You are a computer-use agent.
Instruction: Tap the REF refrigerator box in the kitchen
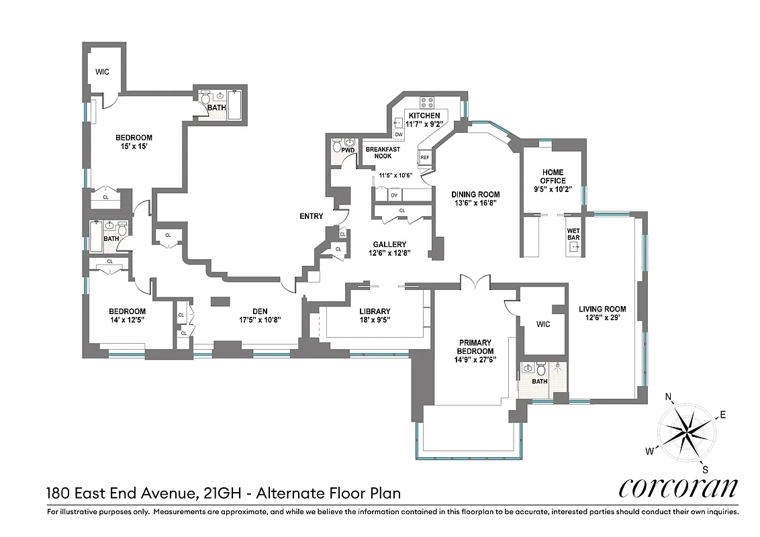424,157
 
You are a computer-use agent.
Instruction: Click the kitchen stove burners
428,102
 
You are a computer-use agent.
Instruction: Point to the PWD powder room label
347,150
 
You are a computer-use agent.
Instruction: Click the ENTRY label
312,216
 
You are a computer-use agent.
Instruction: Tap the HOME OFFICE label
553,177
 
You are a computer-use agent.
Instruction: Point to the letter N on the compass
669,397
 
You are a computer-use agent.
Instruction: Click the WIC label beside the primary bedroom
543,324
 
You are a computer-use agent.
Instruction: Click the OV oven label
395,195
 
